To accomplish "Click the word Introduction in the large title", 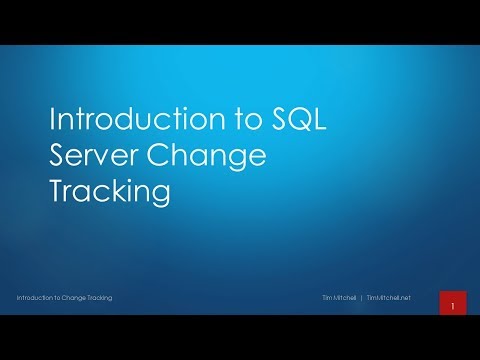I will (x=115, y=121).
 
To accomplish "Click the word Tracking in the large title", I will (x=108, y=191).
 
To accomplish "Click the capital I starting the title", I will (x=53, y=121).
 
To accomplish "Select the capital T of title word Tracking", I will (x=56, y=191).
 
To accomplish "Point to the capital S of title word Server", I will (x=58, y=156).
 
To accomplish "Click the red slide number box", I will (x=452, y=303).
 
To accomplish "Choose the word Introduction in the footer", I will (x=38, y=298).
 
